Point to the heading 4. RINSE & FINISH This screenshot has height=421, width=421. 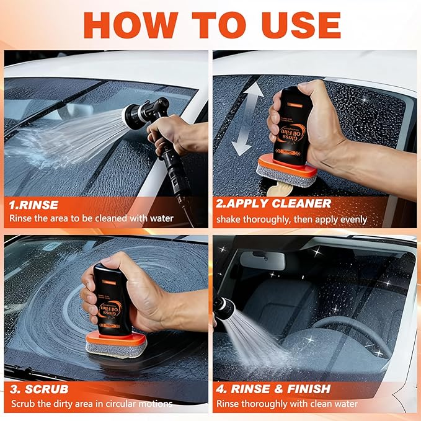(280, 389)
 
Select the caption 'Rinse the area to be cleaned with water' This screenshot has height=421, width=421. (91, 218)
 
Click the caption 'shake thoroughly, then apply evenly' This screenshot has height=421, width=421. (291, 219)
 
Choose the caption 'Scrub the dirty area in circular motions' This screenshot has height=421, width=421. (91, 404)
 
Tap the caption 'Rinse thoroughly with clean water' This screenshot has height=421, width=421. (286, 404)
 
